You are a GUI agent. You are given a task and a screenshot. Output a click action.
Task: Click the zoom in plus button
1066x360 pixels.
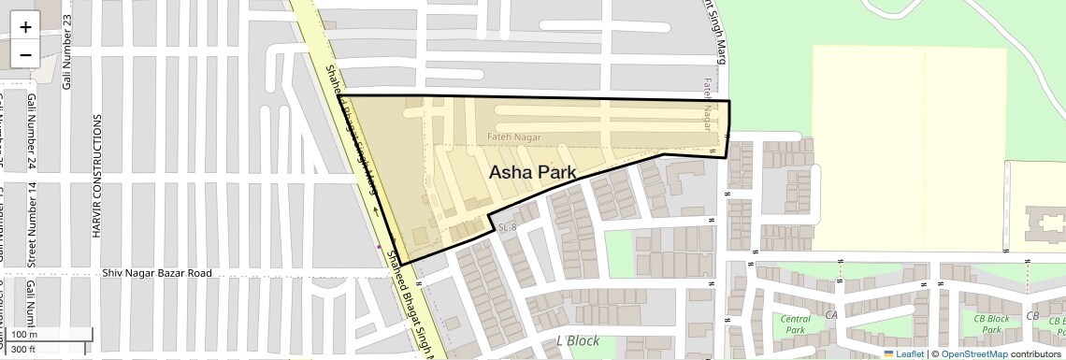25,27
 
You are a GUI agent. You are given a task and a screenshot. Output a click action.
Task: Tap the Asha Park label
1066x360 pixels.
532,172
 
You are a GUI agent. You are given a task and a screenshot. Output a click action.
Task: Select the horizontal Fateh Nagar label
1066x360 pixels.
514,137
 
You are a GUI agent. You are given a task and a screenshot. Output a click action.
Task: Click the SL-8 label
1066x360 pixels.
508,227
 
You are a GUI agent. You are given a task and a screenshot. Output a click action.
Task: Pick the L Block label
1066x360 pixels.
577,340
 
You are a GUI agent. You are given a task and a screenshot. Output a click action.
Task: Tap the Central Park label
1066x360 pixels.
795,324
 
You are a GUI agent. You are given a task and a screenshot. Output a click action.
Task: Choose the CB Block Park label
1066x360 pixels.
991,324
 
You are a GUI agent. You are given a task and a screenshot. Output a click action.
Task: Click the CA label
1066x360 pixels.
830,315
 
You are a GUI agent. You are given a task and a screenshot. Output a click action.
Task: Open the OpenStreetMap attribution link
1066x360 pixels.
973,353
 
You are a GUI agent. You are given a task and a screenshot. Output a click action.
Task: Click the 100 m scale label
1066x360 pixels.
25,335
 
